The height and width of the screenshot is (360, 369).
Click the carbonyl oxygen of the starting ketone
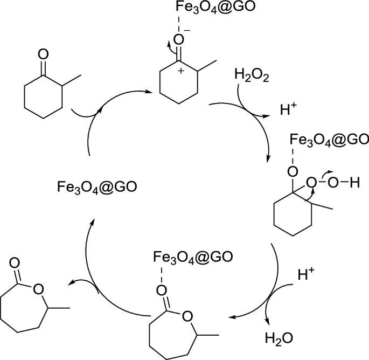tap(44, 54)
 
